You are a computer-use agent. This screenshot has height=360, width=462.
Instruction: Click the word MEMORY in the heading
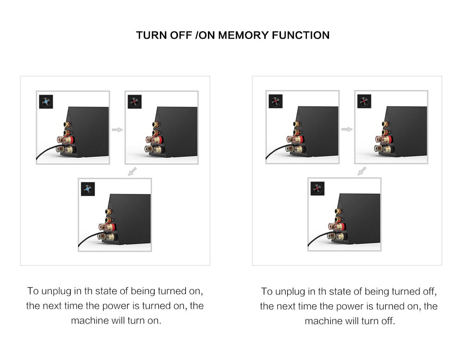point(243,36)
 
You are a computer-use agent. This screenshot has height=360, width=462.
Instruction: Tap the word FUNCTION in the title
point(301,36)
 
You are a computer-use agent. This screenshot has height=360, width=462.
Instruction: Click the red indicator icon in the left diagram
point(134,102)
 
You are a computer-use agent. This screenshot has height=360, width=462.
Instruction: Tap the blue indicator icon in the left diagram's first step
point(46,102)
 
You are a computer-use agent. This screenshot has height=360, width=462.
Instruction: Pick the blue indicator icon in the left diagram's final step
point(88,189)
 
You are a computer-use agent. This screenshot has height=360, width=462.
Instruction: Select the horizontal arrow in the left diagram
point(117,130)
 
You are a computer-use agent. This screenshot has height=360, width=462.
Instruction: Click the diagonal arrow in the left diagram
point(132,171)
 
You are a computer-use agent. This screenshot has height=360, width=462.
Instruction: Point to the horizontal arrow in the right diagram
point(347,129)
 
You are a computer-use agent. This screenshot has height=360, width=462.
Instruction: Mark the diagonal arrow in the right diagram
point(362,171)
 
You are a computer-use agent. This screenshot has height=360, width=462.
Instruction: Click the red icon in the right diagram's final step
point(317,189)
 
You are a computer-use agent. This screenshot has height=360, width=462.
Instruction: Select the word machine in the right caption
point(323,321)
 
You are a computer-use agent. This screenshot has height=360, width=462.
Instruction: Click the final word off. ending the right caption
point(389,321)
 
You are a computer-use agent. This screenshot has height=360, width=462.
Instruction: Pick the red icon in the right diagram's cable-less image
point(364,102)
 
